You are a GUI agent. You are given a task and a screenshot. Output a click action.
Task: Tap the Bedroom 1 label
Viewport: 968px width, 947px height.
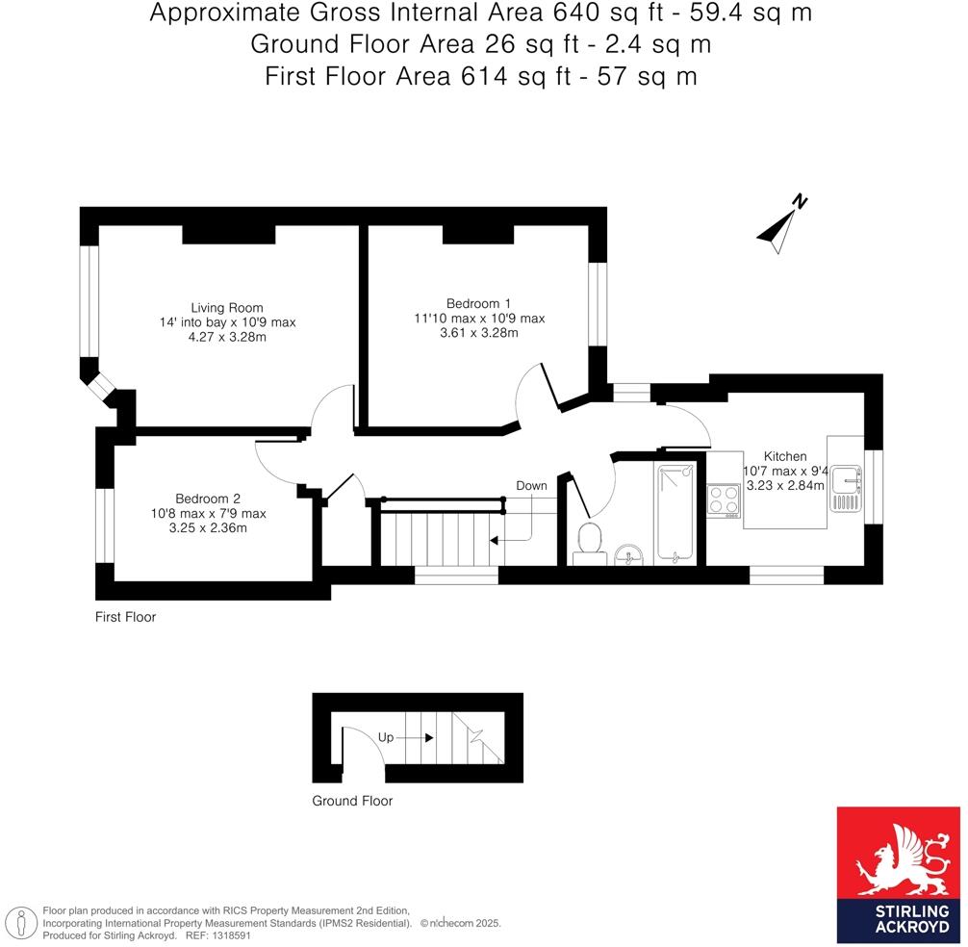click(472, 301)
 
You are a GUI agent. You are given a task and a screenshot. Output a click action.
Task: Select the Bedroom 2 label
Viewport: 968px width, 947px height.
click(207, 499)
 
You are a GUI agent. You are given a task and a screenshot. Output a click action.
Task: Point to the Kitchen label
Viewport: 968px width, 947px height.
click(784, 456)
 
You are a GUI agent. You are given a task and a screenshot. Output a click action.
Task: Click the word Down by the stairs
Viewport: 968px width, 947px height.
click(531, 486)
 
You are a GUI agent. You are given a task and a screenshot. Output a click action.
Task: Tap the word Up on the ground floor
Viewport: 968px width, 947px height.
click(386, 738)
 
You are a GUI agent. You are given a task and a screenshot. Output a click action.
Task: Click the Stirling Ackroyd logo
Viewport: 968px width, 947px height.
click(899, 874)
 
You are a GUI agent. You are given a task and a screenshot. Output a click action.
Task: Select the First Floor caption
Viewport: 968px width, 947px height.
click(125, 617)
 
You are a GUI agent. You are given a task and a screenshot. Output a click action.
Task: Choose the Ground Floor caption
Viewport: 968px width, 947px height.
click(352, 801)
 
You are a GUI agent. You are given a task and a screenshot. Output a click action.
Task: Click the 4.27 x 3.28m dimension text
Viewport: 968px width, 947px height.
click(227, 337)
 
